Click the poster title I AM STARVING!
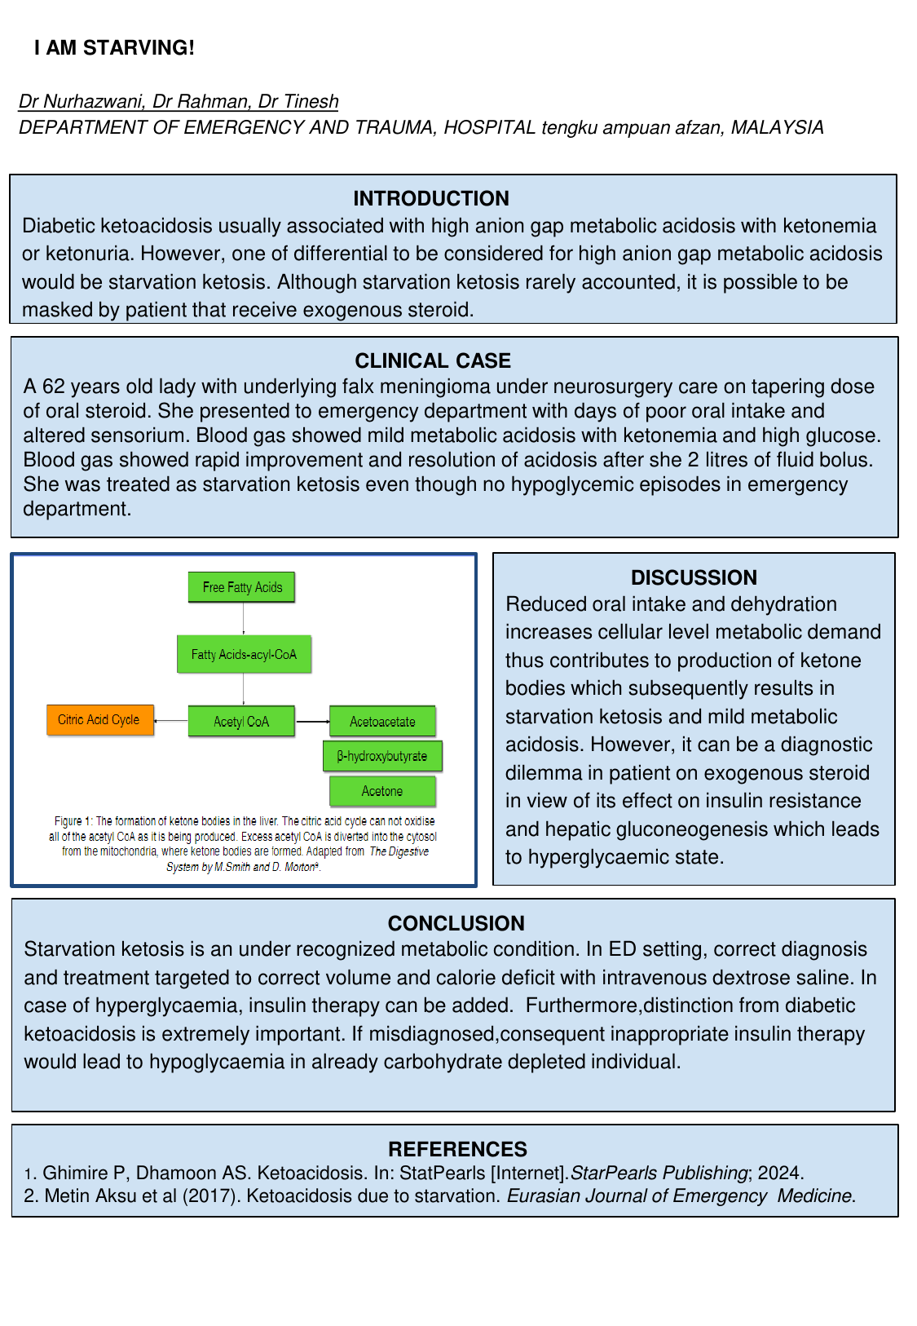[114, 48]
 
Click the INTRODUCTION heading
[430, 198]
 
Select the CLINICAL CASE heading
[433, 360]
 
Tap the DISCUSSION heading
[694, 577]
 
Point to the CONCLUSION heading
[456, 923]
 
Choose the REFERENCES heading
[457, 1149]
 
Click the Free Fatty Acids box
[242, 587]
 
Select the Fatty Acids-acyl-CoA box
[244, 654]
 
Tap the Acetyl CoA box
[241, 722]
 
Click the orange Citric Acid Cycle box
[99, 720]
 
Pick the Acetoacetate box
[382, 722]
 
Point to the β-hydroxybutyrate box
[382, 756]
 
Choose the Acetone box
[382, 791]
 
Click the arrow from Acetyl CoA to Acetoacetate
[312, 722]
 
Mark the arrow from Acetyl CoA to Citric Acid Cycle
[171, 721]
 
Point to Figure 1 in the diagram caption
[73, 821]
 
